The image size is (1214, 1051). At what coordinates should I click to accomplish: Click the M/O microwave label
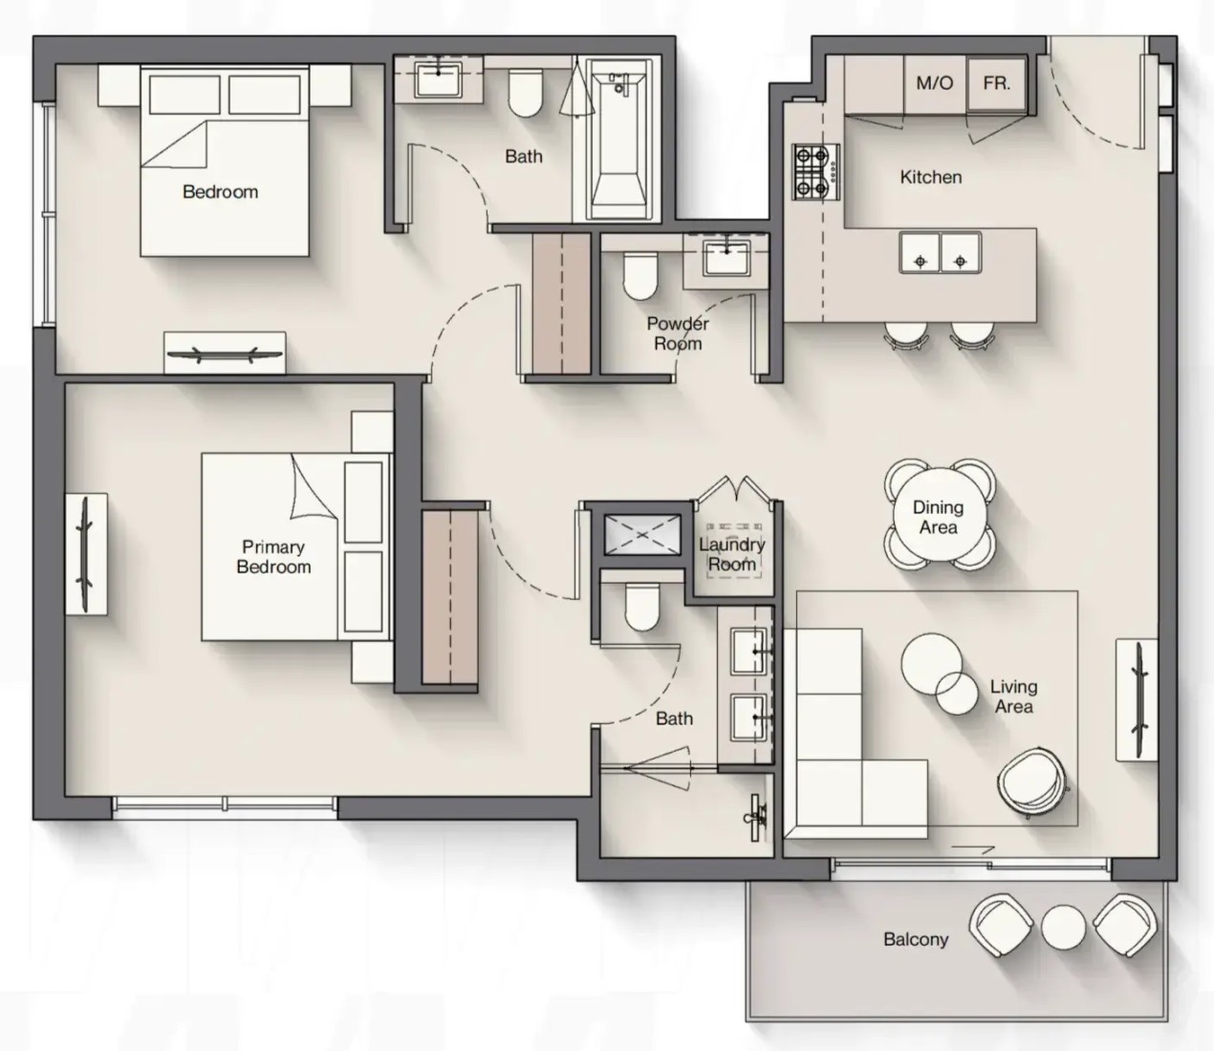click(935, 83)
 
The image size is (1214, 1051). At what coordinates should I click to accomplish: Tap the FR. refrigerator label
click(997, 83)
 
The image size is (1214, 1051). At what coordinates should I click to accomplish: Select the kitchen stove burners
click(815, 172)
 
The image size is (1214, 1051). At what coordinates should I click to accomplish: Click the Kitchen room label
click(931, 177)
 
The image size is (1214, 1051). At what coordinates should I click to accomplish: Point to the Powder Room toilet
click(640, 276)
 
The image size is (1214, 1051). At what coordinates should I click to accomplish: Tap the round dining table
click(939, 516)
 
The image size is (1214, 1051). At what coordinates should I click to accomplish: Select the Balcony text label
click(916, 939)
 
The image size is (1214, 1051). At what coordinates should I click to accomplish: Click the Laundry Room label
click(732, 553)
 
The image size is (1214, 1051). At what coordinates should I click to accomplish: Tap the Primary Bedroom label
click(273, 557)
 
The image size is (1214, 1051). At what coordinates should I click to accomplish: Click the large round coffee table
click(931, 663)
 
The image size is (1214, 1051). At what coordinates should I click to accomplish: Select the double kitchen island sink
click(941, 252)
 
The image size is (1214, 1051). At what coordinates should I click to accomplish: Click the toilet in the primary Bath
click(642, 607)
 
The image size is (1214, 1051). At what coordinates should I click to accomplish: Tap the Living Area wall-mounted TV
click(1138, 700)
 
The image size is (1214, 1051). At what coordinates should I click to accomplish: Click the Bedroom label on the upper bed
click(220, 191)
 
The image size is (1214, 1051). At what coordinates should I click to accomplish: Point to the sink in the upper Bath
click(438, 80)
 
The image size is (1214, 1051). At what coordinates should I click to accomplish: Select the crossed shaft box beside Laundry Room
click(642, 534)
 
